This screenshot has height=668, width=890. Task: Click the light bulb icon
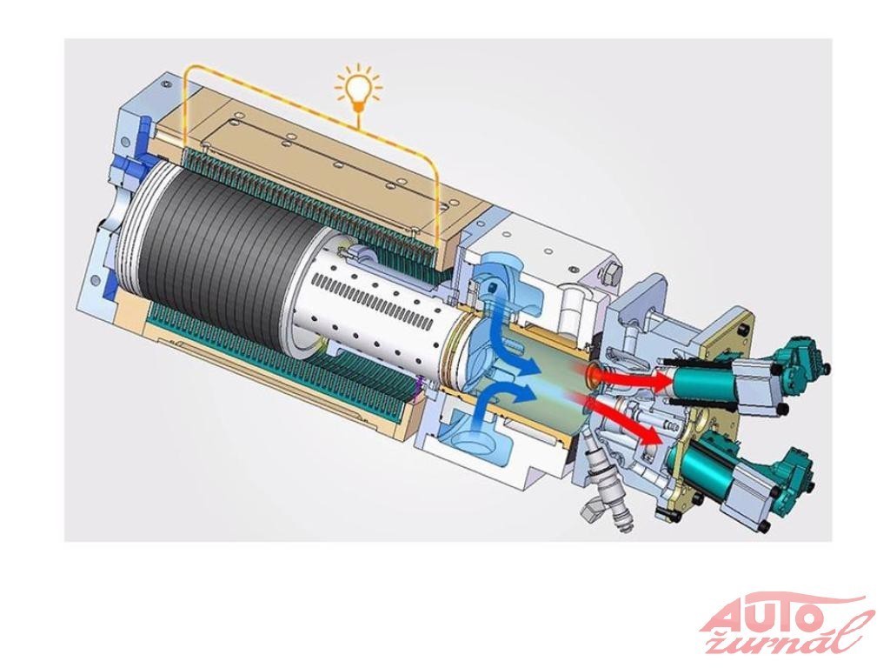tap(357, 89)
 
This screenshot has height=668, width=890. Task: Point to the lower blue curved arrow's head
tap(527, 392)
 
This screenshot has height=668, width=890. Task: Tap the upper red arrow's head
tap(661, 381)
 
